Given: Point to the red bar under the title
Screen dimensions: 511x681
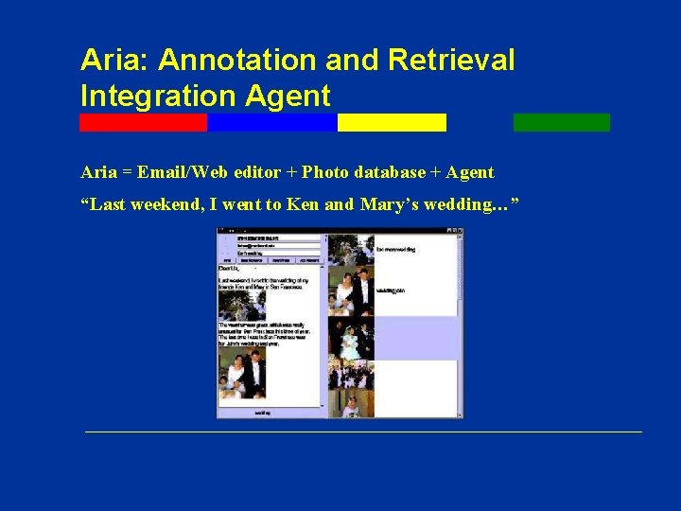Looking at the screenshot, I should (x=143, y=122).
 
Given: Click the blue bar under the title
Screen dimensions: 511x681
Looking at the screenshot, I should (x=271, y=122).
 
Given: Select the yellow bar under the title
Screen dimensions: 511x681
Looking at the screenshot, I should (x=392, y=122).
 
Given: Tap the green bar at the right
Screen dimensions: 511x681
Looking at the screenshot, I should (x=561, y=122).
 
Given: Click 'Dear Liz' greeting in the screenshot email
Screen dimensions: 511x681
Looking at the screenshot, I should (x=229, y=269).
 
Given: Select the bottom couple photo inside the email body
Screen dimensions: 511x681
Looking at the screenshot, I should (x=242, y=376).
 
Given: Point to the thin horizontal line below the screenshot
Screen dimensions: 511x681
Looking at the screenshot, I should (x=363, y=432).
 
